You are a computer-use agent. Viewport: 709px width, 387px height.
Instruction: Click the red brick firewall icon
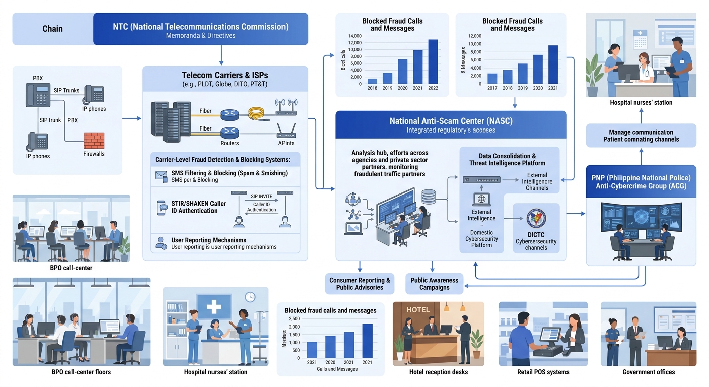(94, 141)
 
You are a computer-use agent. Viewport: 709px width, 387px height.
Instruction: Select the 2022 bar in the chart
(433, 62)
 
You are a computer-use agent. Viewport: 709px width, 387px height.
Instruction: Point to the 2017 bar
(492, 79)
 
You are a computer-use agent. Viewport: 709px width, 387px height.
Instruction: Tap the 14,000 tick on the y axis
(354, 36)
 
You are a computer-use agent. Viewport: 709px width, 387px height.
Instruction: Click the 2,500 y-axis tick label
(294, 318)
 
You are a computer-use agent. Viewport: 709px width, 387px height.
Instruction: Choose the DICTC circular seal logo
(536, 219)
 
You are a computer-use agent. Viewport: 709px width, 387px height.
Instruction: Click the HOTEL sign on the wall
(418, 310)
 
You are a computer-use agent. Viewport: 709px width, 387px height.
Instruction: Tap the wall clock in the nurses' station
(250, 297)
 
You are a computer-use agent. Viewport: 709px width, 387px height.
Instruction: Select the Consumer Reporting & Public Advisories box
(360, 284)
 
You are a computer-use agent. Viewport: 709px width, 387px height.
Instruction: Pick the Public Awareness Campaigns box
(434, 284)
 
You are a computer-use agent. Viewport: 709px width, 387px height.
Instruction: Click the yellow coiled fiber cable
(257, 113)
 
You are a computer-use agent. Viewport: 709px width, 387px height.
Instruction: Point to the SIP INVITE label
(261, 197)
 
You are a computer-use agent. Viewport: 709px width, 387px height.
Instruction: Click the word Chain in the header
(52, 29)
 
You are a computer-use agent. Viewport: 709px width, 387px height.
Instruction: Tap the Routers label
(230, 143)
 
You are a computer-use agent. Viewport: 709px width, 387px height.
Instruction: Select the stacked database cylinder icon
(428, 197)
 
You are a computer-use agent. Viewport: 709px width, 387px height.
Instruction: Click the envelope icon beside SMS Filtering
(161, 176)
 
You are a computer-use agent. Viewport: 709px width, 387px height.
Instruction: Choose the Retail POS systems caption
(543, 372)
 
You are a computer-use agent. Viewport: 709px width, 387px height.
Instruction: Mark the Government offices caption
(649, 372)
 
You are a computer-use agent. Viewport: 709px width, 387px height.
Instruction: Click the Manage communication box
(641, 136)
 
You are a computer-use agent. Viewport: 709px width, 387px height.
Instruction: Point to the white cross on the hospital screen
(214, 307)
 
